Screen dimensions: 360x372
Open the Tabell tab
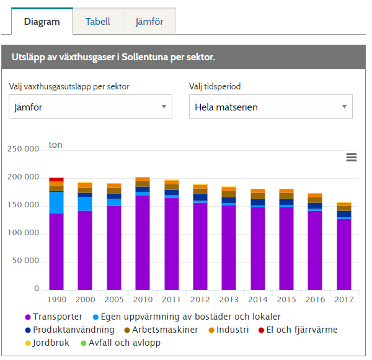pyautogui.click(x=98, y=22)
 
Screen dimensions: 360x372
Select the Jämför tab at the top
pyautogui.click(x=149, y=22)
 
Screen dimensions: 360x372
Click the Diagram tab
pyautogui.click(x=42, y=22)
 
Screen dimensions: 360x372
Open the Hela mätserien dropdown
pyautogui.click(x=270, y=107)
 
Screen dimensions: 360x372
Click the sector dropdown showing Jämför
pyautogui.click(x=91, y=107)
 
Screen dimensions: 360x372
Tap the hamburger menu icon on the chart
pyautogui.click(x=352, y=158)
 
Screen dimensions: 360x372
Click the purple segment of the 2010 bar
pyautogui.click(x=143, y=242)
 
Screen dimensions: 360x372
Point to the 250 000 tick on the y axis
pyautogui.click(x=24, y=149)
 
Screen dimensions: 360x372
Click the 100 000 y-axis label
pyautogui.click(x=24, y=233)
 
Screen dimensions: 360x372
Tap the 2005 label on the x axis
pyautogui.click(x=114, y=300)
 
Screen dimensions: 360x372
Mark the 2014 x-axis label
pyautogui.click(x=258, y=300)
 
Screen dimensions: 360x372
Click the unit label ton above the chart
pyautogui.click(x=56, y=145)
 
